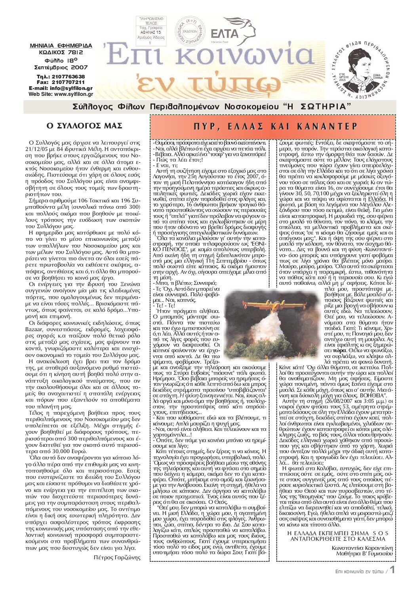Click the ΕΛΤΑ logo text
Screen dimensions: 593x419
click(225, 32)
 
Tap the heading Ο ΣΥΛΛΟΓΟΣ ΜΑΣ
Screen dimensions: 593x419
click(84, 126)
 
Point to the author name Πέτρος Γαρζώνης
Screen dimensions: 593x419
click(117, 557)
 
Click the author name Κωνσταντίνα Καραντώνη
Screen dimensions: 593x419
click(362, 548)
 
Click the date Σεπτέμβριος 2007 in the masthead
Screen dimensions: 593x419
click(61, 67)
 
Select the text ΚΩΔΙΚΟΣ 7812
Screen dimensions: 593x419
click(61, 52)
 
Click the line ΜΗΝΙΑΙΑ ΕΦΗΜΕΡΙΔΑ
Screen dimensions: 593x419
click(61, 46)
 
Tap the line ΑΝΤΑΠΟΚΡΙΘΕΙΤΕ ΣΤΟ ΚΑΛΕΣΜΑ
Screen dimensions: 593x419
click(338, 539)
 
